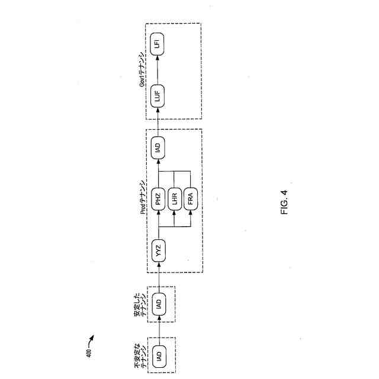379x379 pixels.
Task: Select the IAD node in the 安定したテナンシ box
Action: coord(158,304)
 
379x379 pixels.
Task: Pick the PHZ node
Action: coord(158,199)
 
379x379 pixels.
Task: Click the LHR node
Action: coord(174,199)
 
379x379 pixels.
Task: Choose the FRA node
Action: coord(190,199)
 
